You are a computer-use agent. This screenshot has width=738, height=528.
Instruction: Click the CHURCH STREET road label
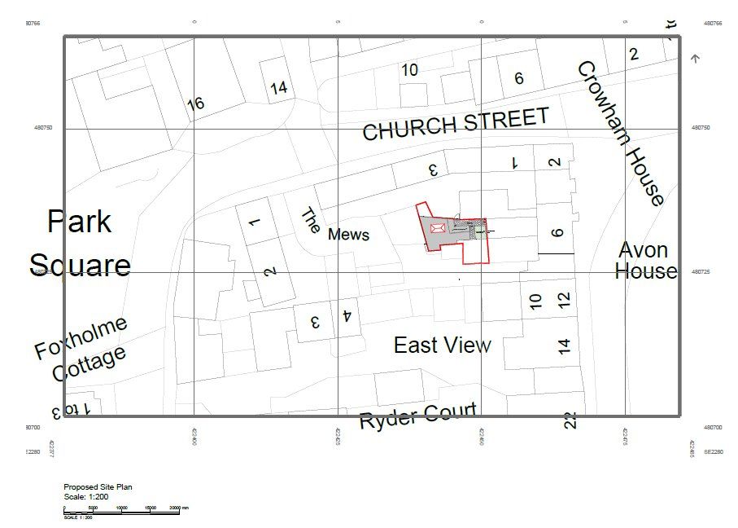(456, 125)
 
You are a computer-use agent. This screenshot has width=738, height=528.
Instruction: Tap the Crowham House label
(622, 133)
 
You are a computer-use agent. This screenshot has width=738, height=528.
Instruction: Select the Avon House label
(645, 260)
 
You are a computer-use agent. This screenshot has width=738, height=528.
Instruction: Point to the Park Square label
(80, 243)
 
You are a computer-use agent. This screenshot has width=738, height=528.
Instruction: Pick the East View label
(442, 345)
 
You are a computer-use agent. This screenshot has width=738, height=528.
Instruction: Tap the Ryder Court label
(417, 417)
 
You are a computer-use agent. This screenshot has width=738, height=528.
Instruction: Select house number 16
(195, 103)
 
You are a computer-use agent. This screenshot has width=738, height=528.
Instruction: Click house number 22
(570, 420)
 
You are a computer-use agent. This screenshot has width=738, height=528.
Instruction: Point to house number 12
(565, 299)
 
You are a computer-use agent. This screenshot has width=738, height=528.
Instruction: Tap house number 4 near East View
(347, 315)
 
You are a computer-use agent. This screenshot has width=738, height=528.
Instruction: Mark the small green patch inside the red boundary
(480, 232)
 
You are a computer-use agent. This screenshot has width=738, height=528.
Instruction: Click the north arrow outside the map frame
(695, 58)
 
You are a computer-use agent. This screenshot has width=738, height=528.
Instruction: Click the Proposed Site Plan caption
(98, 487)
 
